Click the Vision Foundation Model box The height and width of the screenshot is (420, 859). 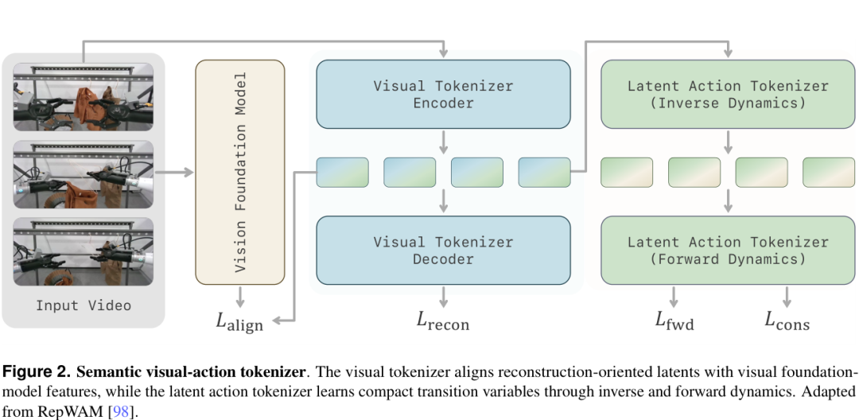[240, 172]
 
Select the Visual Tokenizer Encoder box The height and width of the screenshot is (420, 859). [443, 94]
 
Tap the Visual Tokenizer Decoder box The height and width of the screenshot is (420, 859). [443, 251]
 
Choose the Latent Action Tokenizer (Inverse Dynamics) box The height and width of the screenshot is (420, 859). [728, 94]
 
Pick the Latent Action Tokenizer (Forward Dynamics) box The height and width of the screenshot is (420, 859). [728, 251]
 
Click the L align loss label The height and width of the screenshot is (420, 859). [239, 322]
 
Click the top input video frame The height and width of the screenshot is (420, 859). [84, 97]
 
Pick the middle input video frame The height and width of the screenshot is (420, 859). [84, 174]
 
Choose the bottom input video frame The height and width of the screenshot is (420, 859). [84, 251]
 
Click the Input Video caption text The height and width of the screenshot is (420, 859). [84, 305]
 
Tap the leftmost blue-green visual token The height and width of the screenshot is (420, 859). [342, 172]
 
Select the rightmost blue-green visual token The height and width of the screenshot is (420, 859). [544, 172]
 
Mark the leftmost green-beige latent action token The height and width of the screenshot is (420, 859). [627, 172]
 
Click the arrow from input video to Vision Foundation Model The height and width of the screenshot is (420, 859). [174, 173]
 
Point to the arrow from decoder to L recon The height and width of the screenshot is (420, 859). [443, 296]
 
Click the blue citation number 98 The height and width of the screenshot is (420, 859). [122, 411]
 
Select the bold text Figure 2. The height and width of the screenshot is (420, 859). [37, 372]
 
